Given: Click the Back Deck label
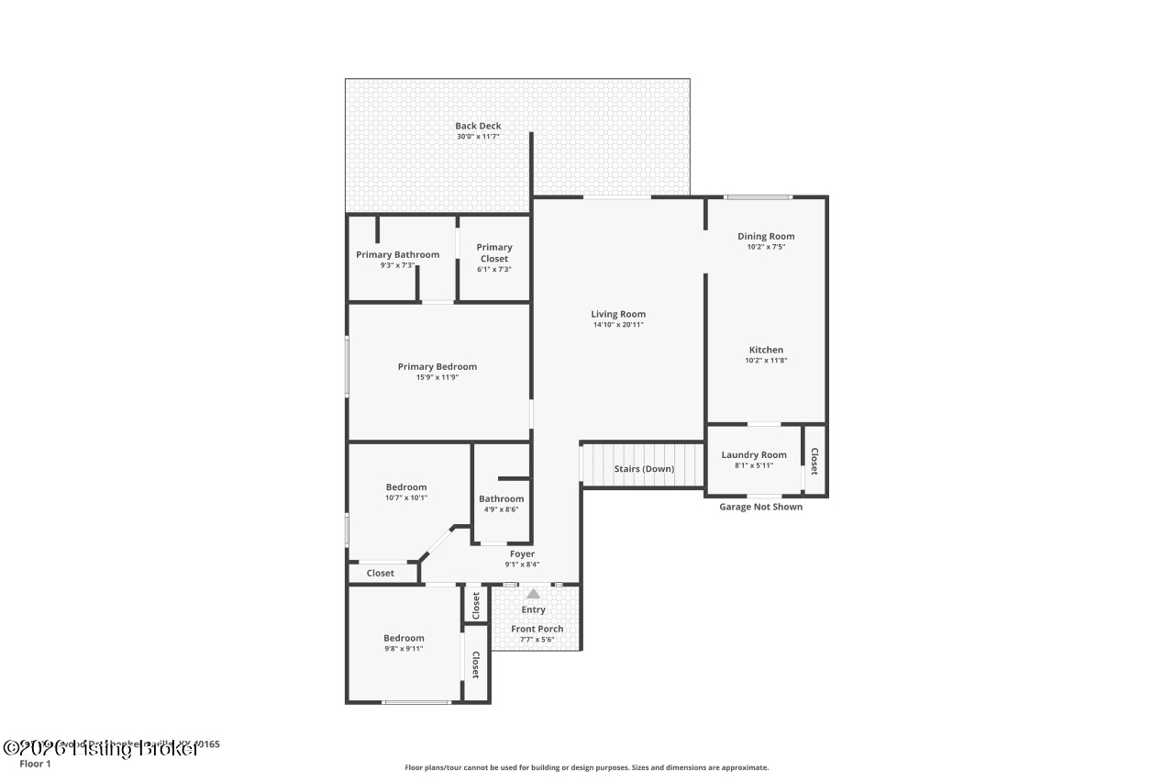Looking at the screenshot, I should click(478, 126).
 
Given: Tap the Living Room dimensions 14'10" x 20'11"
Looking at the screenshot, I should click(618, 325).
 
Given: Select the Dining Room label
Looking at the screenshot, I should click(766, 236).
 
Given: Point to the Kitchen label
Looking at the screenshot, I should click(766, 350).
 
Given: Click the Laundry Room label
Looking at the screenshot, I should click(754, 454).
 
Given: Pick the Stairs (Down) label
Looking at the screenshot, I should click(644, 469).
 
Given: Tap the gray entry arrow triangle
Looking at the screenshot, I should click(533, 594).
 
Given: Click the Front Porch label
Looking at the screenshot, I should click(537, 629).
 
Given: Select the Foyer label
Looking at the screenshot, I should click(522, 554).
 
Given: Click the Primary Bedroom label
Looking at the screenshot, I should click(437, 366).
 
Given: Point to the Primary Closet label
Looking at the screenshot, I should click(494, 252).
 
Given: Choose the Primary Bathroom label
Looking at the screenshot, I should click(397, 254).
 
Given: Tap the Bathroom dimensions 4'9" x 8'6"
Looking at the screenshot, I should click(501, 509).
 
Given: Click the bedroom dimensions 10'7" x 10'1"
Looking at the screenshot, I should click(405, 498).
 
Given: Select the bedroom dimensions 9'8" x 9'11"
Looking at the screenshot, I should click(404, 649).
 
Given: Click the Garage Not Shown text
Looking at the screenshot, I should click(760, 507).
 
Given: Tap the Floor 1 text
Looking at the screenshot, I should click(35, 763).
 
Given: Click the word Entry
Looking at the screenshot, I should click(533, 610).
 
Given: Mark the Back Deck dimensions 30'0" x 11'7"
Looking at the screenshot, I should click(478, 137).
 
